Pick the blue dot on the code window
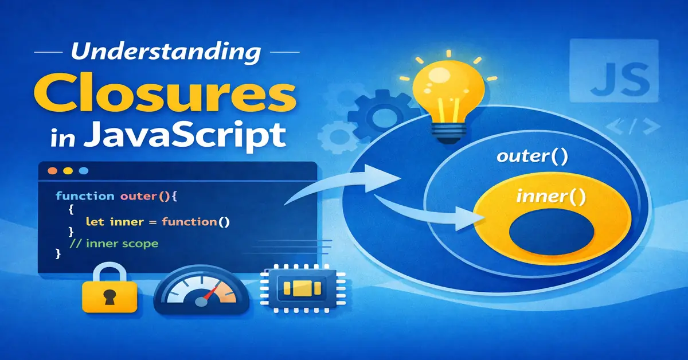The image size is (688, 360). click(84, 171)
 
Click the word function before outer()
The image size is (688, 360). click(85, 196)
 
